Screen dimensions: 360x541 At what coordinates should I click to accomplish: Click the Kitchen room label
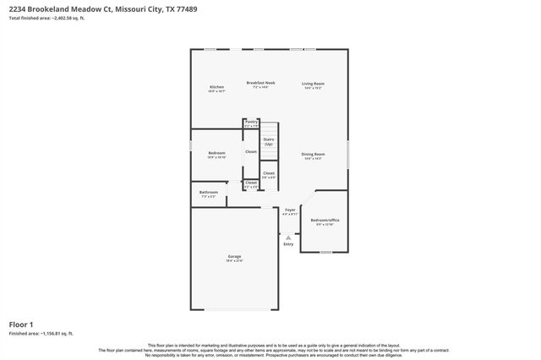point(217,87)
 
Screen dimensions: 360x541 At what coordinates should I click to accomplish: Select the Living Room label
point(314,83)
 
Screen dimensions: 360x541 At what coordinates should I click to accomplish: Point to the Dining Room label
point(314,154)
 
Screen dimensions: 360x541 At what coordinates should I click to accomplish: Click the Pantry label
point(251,122)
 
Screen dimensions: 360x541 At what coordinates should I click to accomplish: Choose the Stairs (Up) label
point(269,141)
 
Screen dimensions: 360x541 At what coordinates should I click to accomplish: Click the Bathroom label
point(209,192)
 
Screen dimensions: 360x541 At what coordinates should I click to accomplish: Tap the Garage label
point(234,256)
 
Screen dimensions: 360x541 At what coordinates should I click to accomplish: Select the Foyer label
point(289,210)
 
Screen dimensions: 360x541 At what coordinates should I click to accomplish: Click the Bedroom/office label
point(325,220)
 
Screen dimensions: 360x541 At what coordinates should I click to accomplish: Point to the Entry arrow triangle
point(289,237)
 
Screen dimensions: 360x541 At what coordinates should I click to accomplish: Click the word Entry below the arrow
point(289,244)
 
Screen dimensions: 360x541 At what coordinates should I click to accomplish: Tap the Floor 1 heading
point(21,324)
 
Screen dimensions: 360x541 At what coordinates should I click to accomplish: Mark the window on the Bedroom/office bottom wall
point(325,252)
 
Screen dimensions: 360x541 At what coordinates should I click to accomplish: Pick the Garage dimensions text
point(234,260)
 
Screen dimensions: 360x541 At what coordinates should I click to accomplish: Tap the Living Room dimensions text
point(314,88)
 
